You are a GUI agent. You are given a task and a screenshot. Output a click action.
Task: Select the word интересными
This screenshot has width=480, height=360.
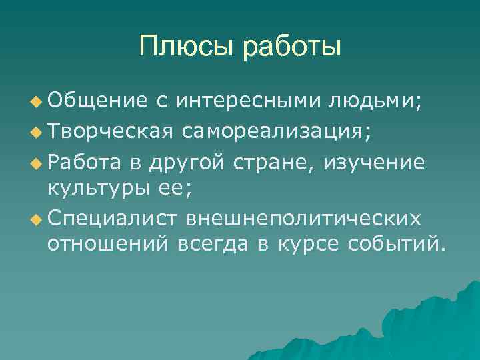(250, 101)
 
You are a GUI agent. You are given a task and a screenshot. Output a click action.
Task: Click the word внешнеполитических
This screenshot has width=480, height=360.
(303, 219)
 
